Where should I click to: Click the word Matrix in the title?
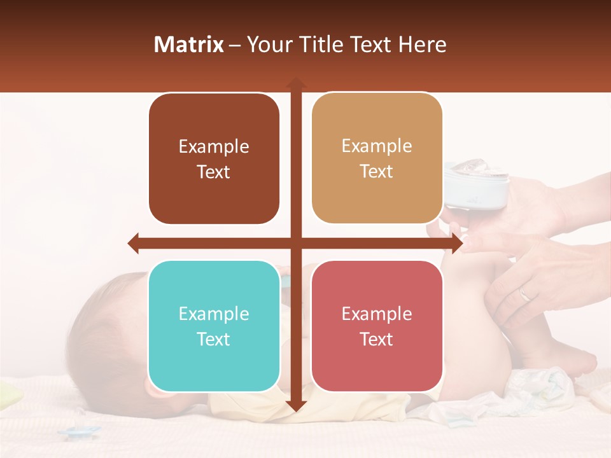tap(188, 45)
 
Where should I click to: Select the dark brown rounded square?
tap(214, 159)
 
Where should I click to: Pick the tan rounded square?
tap(377, 158)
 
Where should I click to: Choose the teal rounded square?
tap(214, 326)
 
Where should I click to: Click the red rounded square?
tap(377, 326)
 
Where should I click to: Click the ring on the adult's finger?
tap(524, 293)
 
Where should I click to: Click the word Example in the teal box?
tap(214, 314)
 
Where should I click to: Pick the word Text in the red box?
tap(377, 339)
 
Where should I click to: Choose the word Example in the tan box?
tap(377, 146)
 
